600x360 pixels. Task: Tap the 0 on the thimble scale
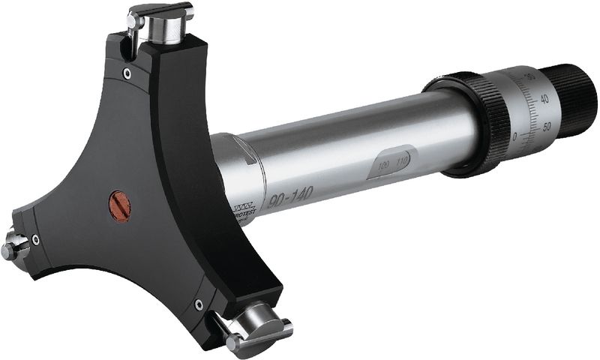point(515,137)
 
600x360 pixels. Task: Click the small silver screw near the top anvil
point(127,73)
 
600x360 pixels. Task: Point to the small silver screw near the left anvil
point(36,240)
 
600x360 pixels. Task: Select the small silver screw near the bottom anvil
point(199,304)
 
